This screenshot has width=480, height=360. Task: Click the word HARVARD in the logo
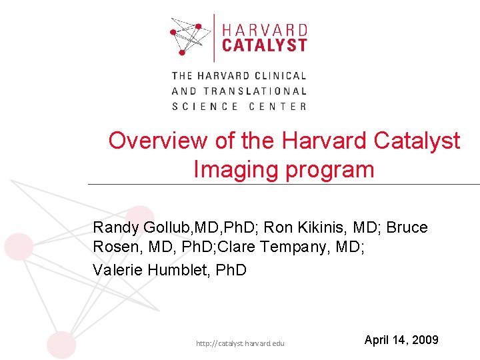point(264,30)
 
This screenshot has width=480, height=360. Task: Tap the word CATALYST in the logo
point(264,45)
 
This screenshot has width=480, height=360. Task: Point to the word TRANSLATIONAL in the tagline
point(255,91)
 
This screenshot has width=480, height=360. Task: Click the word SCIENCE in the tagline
point(205,107)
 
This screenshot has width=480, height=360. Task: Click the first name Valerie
point(115,270)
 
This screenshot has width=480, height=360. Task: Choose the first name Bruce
point(407,227)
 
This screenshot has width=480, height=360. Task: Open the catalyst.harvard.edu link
point(240,343)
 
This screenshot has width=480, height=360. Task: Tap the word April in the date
point(377,340)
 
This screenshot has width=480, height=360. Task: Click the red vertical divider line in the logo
point(214,37)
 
